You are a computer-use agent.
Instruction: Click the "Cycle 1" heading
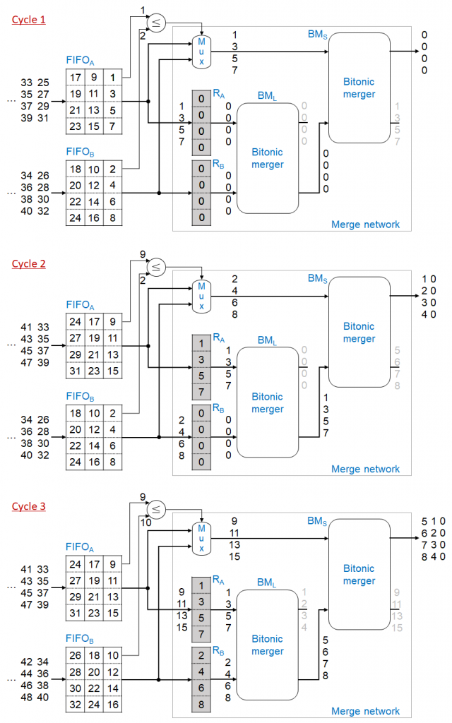pyautogui.click(x=28, y=20)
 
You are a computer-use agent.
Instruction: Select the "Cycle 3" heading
pyautogui.click(x=28, y=506)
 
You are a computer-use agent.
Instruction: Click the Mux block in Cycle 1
pyautogui.click(x=201, y=52)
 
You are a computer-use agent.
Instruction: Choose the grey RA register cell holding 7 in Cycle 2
pyautogui.click(x=202, y=391)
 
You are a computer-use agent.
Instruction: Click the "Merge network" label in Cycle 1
pyautogui.click(x=365, y=225)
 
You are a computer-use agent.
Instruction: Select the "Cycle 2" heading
pyautogui.click(x=28, y=263)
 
